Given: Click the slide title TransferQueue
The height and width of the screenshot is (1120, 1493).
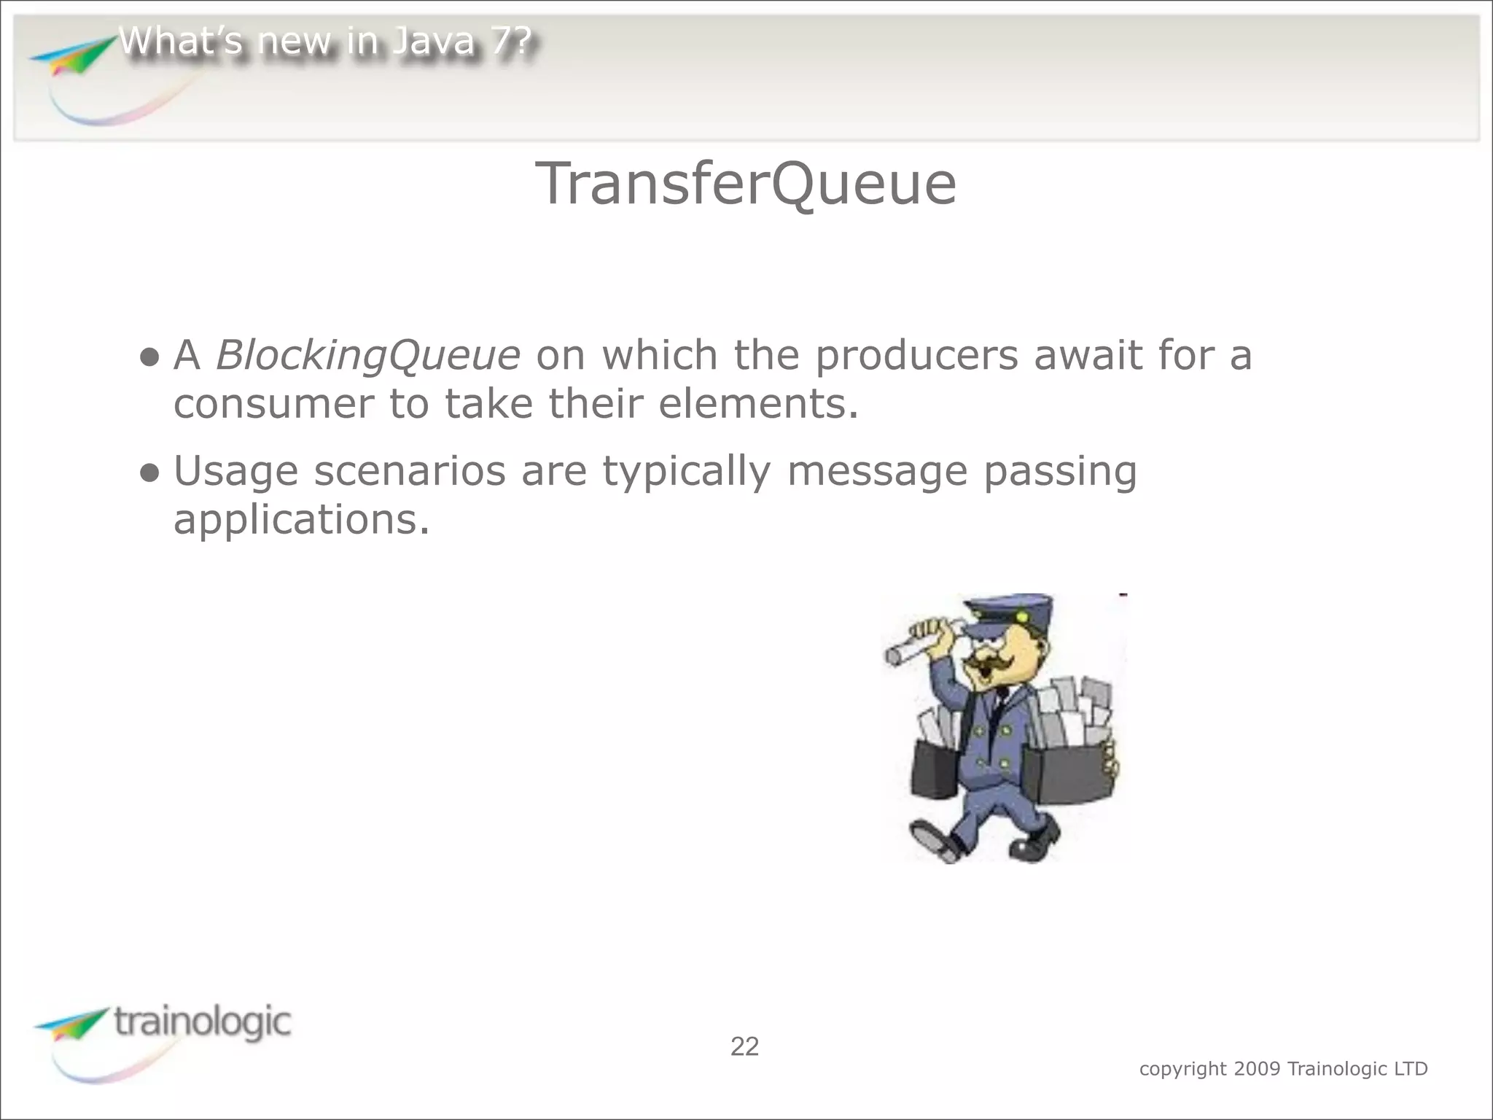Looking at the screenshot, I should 745,184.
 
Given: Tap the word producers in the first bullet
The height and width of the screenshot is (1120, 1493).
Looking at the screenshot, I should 916,356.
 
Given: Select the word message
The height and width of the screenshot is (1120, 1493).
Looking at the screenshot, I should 877,472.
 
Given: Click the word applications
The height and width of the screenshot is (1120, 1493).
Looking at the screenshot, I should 301,520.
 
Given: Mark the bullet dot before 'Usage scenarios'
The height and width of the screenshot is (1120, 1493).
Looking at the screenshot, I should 149,473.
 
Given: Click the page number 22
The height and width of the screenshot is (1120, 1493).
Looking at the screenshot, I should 744,1047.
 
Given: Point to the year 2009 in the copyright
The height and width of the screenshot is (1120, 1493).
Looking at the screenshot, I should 1258,1069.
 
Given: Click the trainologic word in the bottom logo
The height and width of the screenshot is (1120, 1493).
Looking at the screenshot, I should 203,1022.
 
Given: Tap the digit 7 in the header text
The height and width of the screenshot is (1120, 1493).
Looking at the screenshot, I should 503,42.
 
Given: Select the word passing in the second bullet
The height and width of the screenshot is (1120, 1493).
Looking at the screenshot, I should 1060,472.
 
